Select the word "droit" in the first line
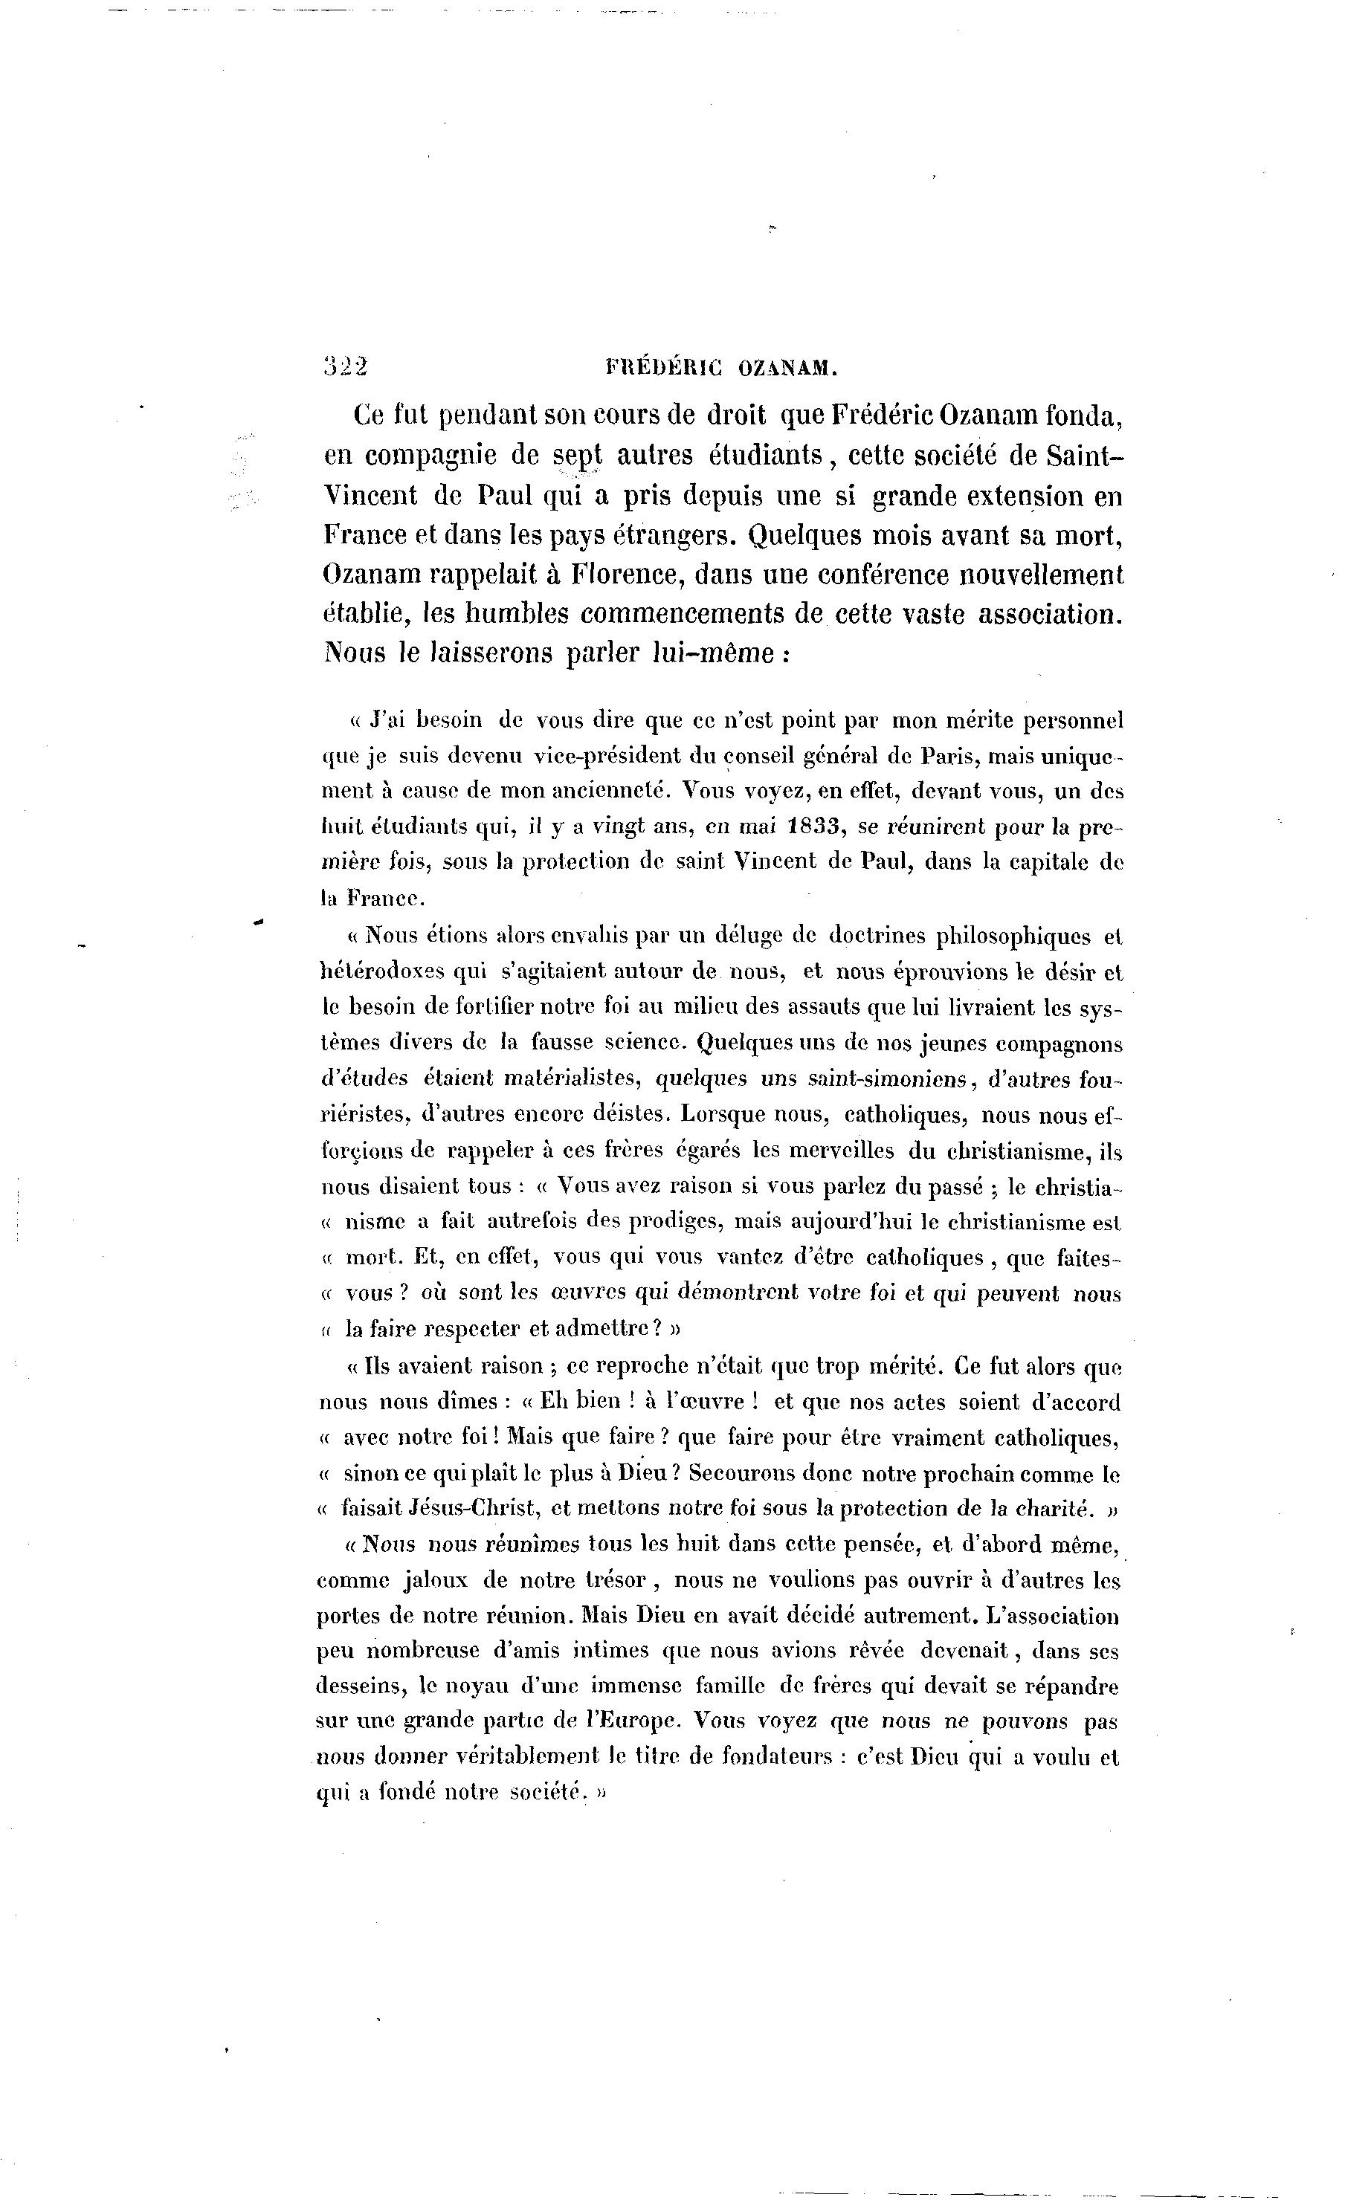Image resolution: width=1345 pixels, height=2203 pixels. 737,415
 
